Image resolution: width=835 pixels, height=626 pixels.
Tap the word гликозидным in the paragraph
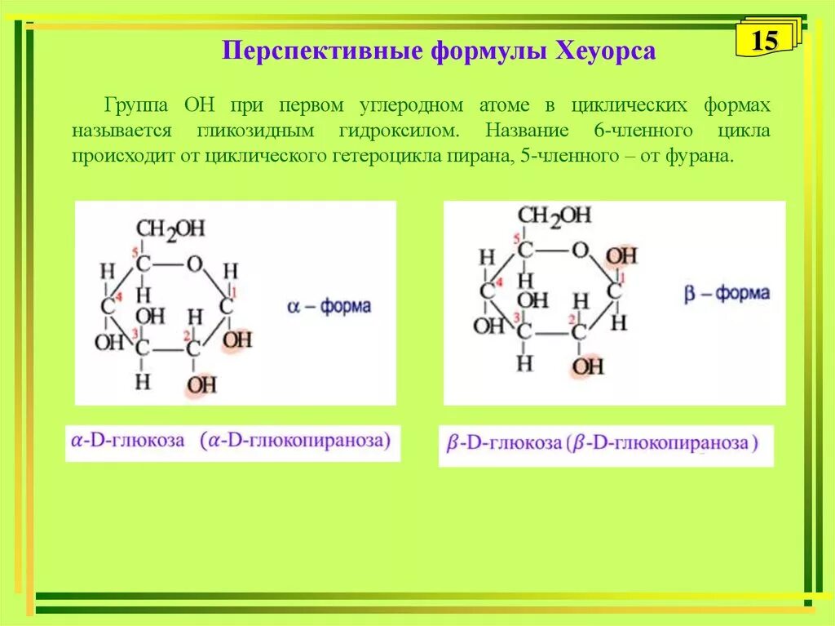[258, 131]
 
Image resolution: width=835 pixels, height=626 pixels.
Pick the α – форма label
[329, 307]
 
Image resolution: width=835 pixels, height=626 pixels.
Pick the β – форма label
[727, 293]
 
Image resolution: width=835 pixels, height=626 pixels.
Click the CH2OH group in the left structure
[170, 229]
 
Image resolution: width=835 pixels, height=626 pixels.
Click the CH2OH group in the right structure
[554, 216]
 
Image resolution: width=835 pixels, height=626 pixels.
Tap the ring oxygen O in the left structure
[193, 264]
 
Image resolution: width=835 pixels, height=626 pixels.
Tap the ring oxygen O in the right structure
[579, 250]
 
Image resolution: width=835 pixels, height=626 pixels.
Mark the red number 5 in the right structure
[517, 238]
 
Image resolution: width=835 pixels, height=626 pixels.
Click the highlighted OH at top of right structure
[621, 256]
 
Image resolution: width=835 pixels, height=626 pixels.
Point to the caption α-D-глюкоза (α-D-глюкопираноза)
[232, 441]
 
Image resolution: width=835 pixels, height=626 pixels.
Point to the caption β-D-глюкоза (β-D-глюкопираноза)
[603, 444]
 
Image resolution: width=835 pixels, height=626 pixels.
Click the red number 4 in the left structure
[118, 296]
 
